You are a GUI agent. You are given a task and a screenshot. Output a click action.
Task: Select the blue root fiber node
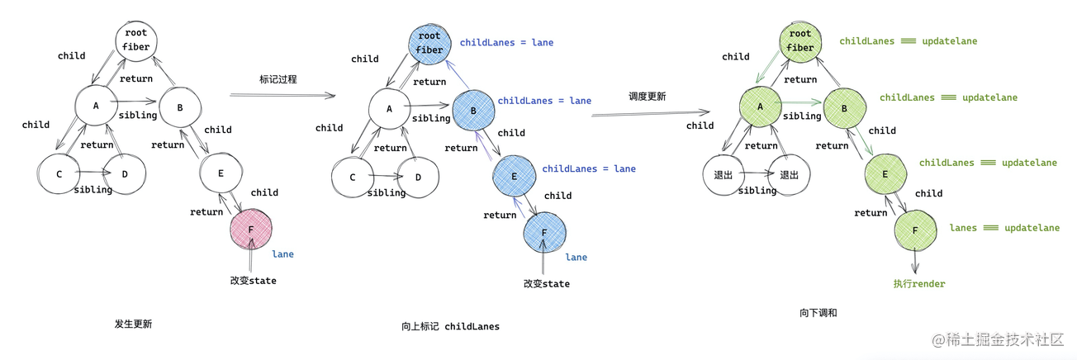(430, 42)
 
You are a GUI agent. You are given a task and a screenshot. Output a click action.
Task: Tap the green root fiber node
(800, 40)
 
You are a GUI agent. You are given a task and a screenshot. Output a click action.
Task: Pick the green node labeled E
(885, 174)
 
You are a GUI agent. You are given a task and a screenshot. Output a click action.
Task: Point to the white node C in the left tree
(59, 174)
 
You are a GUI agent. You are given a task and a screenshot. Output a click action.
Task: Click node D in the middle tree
(418, 178)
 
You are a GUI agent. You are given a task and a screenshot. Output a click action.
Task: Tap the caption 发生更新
(133, 324)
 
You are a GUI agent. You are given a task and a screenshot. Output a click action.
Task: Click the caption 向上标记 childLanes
(450, 326)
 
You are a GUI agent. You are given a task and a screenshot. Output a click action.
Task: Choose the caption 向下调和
(818, 313)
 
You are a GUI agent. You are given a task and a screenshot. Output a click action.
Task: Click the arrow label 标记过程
(278, 79)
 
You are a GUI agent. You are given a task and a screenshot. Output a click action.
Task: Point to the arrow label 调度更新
(647, 97)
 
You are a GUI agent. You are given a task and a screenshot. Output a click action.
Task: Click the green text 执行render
(918, 283)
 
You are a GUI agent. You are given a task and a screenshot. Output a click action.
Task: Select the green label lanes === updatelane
(1004, 228)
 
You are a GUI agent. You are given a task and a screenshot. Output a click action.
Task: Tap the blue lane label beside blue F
(576, 257)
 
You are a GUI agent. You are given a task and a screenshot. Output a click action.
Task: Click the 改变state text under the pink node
(253, 281)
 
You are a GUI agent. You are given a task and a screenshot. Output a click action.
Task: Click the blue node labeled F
(544, 232)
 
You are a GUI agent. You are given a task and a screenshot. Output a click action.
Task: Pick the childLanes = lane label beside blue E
(589, 168)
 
